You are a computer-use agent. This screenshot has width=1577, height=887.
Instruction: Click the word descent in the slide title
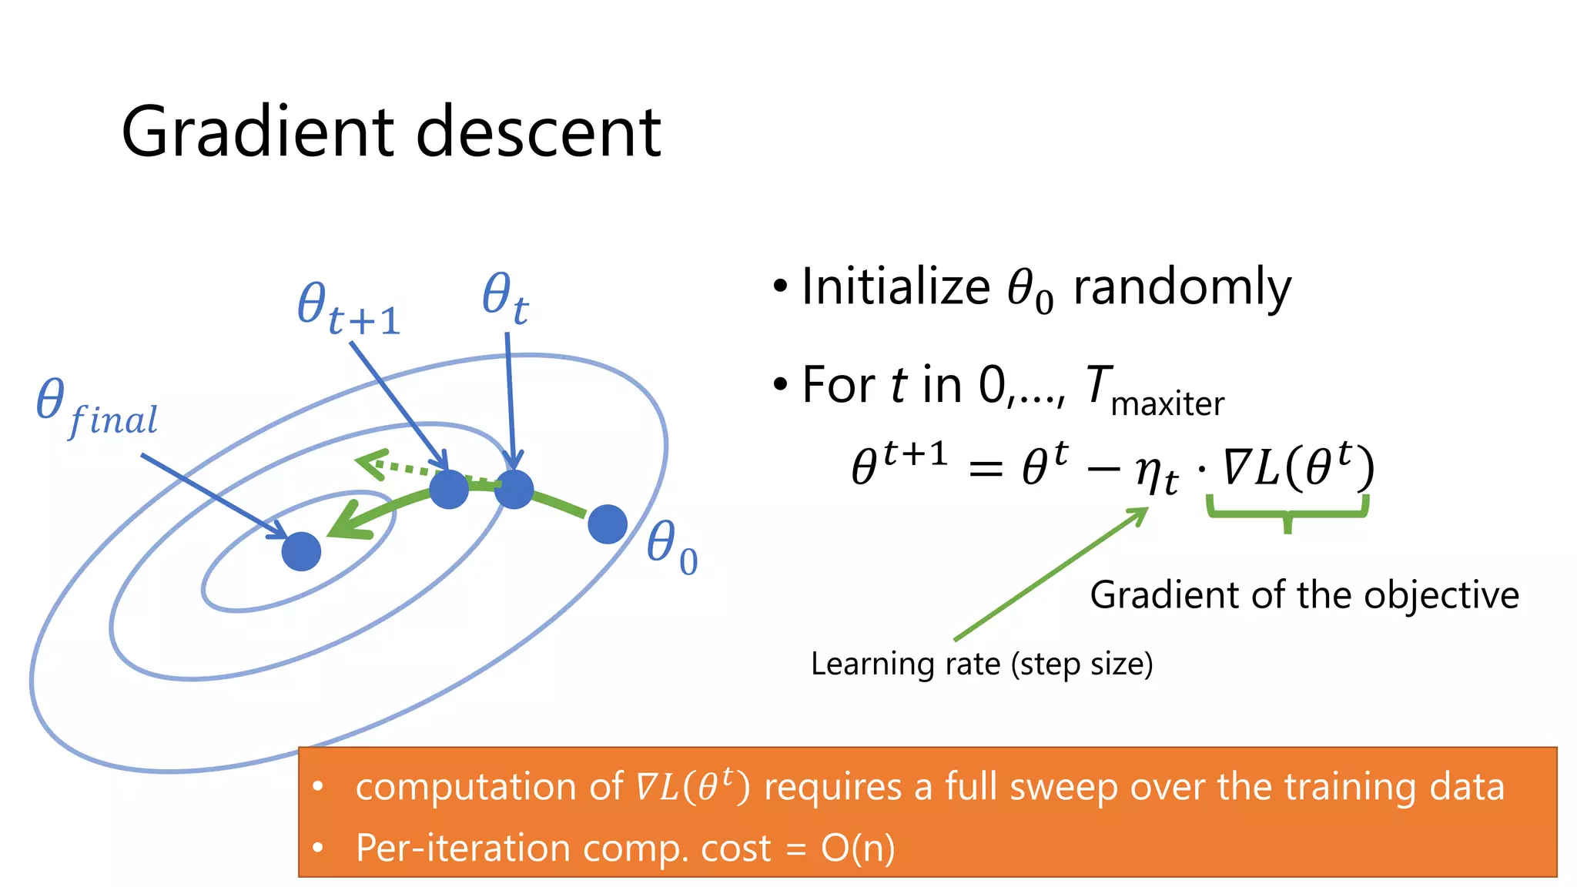click(538, 132)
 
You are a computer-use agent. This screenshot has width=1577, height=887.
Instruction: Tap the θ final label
click(96, 408)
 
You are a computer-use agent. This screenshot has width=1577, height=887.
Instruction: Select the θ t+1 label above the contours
click(348, 309)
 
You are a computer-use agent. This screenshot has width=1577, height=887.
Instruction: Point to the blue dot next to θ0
click(608, 524)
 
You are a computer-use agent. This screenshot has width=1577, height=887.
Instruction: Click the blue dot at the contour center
click(301, 551)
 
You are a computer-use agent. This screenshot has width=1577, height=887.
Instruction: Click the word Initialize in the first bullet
click(896, 287)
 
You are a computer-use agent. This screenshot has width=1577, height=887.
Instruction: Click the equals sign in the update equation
click(985, 468)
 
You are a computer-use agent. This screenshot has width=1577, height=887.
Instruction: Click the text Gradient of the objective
click(1304, 595)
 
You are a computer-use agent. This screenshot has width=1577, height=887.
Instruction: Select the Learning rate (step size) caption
click(982, 664)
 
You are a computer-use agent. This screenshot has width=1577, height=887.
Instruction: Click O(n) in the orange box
click(858, 849)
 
